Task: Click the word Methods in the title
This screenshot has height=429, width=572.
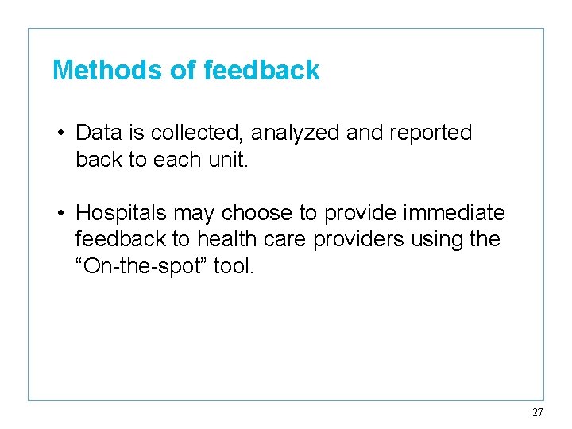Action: click(x=108, y=71)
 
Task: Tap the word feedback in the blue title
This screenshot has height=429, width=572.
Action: click(x=261, y=71)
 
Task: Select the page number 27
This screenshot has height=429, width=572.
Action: click(x=538, y=412)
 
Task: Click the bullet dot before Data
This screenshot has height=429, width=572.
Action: click(x=60, y=133)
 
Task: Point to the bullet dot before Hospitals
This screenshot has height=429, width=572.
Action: click(x=60, y=214)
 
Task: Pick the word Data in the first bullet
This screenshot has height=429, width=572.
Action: click(x=99, y=133)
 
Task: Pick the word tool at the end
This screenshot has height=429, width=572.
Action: click(x=234, y=267)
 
